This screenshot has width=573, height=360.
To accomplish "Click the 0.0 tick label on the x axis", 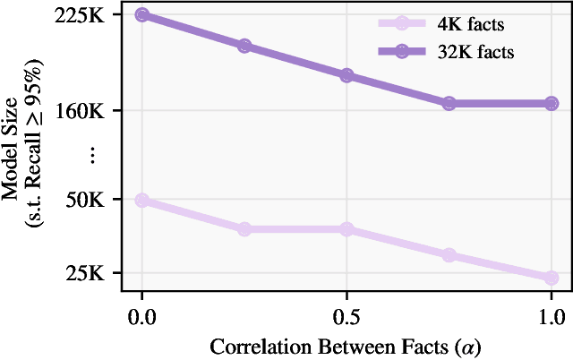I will [x=141, y=315].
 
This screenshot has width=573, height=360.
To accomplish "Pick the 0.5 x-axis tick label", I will [x=346, y=315].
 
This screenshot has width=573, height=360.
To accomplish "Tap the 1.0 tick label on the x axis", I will [x=552, y=315].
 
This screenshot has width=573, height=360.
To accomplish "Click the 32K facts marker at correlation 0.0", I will [x=141, y=15].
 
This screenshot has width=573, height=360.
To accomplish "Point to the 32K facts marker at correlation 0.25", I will [x=244, y=46].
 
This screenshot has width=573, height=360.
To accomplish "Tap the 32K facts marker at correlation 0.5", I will [x=346, y=75].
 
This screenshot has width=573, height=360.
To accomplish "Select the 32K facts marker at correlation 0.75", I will [x=449, y=103].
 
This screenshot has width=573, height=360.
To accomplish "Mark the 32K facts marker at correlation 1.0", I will [x=552, y=103].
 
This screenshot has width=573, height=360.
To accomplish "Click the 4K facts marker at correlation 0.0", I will [x=141, y=200].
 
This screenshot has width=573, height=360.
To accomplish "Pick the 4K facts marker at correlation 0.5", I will [x=346, y=229].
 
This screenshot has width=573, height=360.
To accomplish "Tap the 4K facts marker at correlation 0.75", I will [x=449, y=255].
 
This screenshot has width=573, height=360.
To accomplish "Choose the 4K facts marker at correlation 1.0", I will [x=552, y=278].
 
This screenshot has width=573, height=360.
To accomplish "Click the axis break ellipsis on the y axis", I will [x=93, y=155].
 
